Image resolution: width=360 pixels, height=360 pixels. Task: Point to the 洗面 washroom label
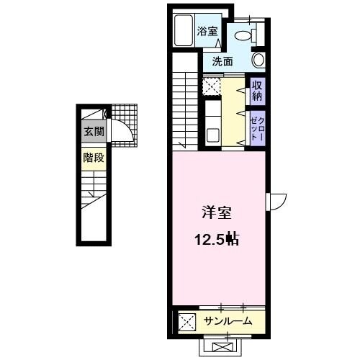pos(222,62)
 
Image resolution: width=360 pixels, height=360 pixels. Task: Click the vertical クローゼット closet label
pos(256,127)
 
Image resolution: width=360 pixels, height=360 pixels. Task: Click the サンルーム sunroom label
pos(227,320)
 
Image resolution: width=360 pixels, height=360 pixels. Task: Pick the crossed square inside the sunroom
pos(185,321)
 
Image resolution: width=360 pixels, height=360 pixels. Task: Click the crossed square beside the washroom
pos(212,88)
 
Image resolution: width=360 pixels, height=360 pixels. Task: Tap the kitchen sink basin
pos(213,134)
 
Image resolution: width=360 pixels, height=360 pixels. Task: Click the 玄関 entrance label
pos(92,132)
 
